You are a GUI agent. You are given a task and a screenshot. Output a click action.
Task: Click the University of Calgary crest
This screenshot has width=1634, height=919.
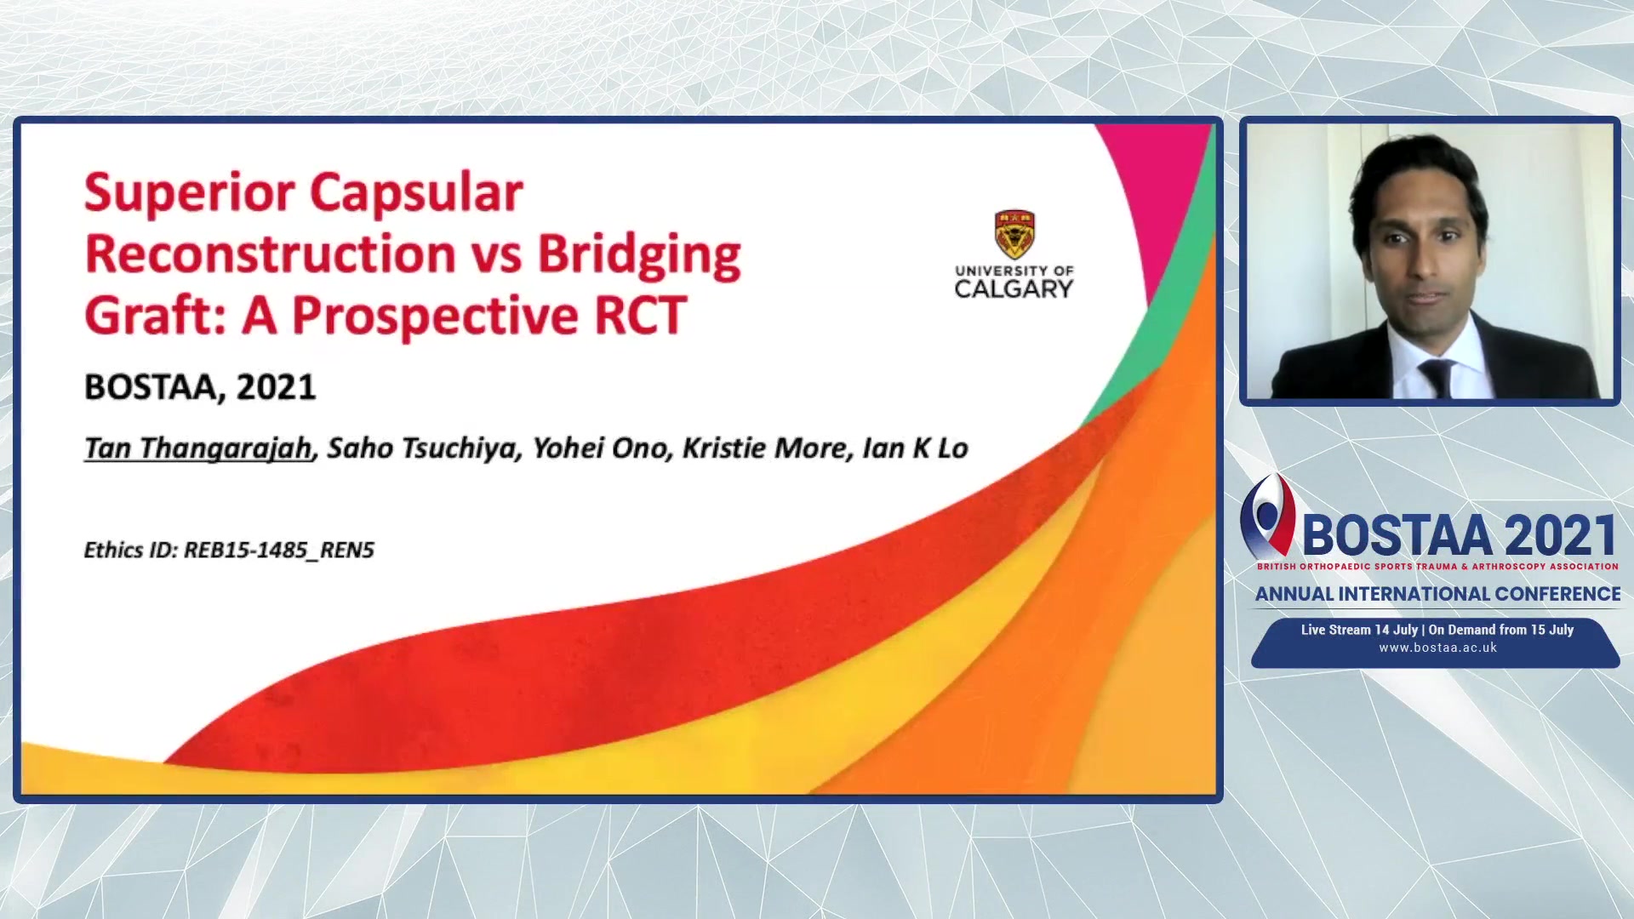click(x=1014, y=234)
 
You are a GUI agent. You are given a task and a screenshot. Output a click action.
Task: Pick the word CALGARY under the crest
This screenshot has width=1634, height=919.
click(x=1014, y=289)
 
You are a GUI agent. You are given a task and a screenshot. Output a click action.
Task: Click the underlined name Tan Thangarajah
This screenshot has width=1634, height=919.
click(x=198, y=448)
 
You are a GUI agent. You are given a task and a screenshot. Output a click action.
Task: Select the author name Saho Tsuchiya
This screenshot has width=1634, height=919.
click(x=423, y=448)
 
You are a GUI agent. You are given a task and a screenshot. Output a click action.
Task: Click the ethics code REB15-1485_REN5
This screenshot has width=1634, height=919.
click(x=279, y=551)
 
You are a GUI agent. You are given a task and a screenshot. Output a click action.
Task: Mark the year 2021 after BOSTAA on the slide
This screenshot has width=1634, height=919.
click(x=276, y=388)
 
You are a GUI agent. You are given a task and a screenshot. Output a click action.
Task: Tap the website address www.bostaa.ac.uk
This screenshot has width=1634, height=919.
click(x=1437, y=648)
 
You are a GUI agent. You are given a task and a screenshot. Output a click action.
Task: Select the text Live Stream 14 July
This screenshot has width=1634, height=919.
click(x=1359, y=631)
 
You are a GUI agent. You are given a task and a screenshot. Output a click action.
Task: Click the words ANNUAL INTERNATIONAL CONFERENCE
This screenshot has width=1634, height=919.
click(x=1437, y=594)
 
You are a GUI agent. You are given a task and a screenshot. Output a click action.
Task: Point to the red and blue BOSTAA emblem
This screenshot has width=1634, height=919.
click(x=1267, y=516)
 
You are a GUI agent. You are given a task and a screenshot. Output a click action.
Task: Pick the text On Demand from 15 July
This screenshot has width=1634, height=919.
click(x=1501, y=631)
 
